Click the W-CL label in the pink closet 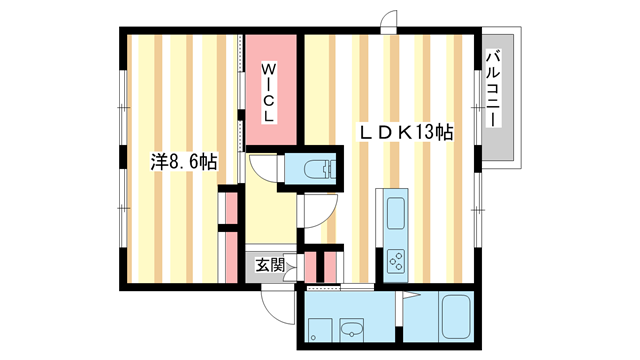pos(269,92)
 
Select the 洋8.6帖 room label pos(185,162)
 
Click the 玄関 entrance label pos(269,265)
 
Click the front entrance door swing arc pos(273,300)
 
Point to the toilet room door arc pos(262,167)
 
